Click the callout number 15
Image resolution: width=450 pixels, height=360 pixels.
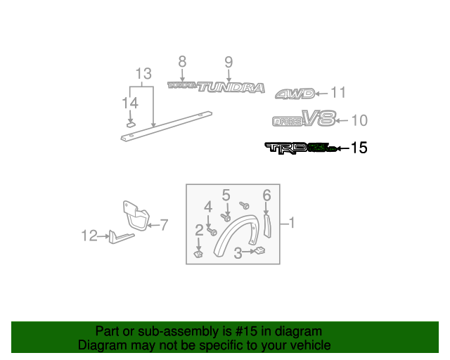[359, 148]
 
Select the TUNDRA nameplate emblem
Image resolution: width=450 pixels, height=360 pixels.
[231, 88]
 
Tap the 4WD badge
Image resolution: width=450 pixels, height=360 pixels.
[293, 94]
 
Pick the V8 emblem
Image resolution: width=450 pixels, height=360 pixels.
[319, 119]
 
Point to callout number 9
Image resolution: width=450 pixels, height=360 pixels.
[229, 62]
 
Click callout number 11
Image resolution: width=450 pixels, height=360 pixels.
[338, 92]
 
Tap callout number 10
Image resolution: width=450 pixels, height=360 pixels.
[358, 120]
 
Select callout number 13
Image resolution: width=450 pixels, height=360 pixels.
[143, 73]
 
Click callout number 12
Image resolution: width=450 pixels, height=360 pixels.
[89, 236]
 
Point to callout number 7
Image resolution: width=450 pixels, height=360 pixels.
[163, 225]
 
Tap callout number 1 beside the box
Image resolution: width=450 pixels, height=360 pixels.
[292, 224]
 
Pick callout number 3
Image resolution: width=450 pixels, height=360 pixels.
[238, 252]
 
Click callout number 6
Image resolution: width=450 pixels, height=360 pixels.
[266, 195]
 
